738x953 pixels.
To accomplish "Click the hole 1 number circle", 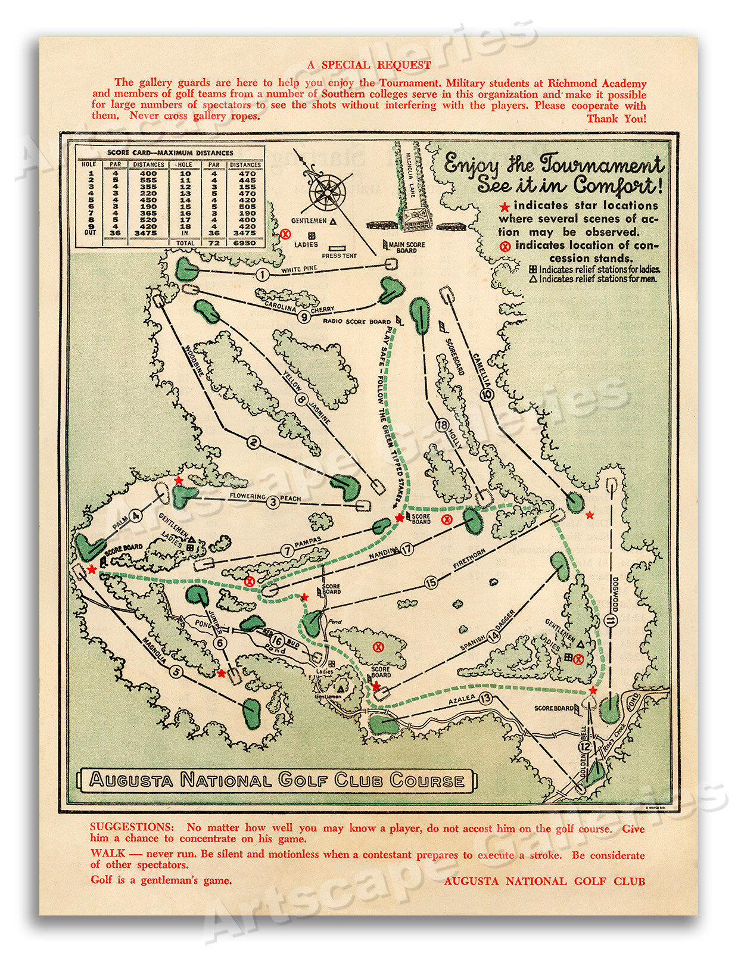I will point(262,275).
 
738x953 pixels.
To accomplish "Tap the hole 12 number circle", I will point(584,746).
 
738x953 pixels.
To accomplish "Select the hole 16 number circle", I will point(277,641).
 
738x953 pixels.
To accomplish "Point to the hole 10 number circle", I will point(487,394).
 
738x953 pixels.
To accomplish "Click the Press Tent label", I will point(339,256).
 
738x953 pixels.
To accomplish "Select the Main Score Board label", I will point(407,247).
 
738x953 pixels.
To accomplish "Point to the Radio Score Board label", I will point(357,322).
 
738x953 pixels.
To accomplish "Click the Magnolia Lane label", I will point(410,175).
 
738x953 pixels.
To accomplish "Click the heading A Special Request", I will point(369,65).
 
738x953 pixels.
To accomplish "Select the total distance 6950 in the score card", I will point(244,243).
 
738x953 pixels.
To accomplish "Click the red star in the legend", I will point(505,207).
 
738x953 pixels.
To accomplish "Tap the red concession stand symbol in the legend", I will point(505,246).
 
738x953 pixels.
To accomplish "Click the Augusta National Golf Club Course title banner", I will point(277,780).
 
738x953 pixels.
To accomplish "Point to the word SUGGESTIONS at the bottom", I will point(132,827).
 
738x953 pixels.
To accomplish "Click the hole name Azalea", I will point(462,700).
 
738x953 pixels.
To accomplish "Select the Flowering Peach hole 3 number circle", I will point(273,502).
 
